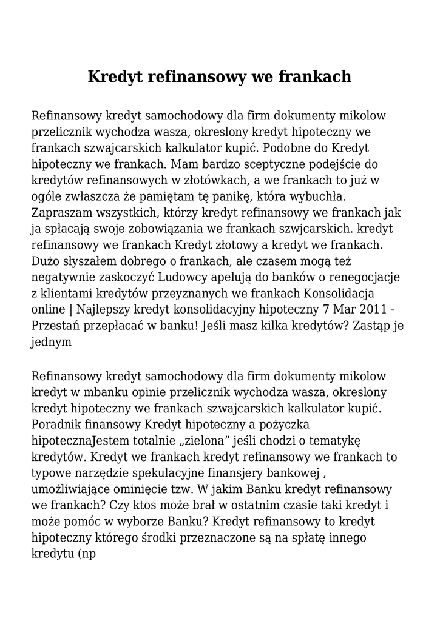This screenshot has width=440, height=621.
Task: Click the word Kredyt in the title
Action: coord(115,77)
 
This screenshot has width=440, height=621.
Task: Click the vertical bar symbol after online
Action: coord(70,310)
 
